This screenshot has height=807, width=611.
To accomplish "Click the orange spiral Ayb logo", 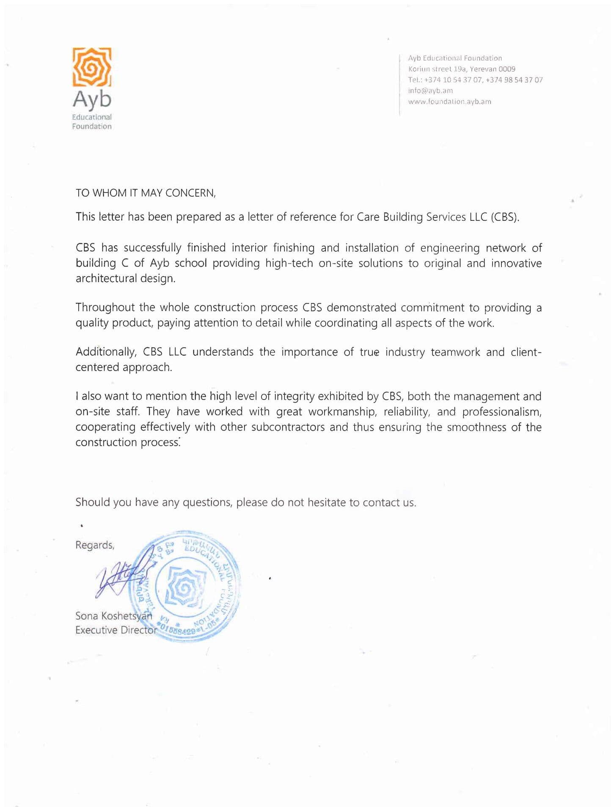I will (92, 67).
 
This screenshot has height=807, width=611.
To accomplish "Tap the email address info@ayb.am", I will (430, 91).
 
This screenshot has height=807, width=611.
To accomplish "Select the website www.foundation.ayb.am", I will (449, 102).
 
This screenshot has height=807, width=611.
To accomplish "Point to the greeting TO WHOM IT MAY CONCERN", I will (146, 193).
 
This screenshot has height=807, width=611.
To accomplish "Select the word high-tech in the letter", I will (289, 263).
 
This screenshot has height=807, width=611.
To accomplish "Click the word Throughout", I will (105, 307).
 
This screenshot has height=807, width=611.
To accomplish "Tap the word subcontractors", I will (288, 427).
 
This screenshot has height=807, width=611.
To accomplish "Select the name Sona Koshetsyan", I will (113, 615).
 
